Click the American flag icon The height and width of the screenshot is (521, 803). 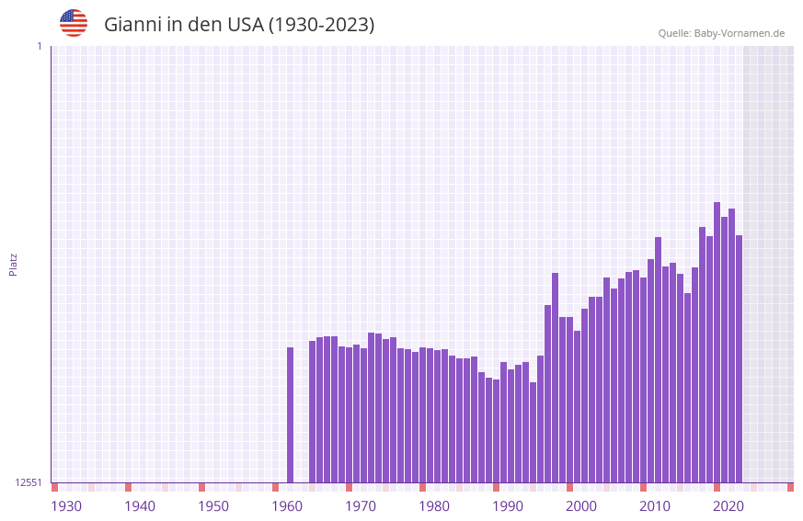click(x=74, y=23)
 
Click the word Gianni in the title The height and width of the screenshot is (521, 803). click(x=132, y=25)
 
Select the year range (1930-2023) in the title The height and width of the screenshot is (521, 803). click(x=321, y=25)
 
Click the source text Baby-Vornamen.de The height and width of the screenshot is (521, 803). click(x=739, y=33)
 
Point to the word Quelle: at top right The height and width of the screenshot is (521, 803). click(x=674, y=33)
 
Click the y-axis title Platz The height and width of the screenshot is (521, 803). click(x=13, y=264)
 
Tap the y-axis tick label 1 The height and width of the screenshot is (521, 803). click(x=39, y=46)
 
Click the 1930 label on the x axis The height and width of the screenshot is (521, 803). click(x=66, y=506)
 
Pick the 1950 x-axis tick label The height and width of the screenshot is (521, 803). click(x=213, y=506)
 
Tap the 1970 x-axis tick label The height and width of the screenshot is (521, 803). click(x=361, y=506)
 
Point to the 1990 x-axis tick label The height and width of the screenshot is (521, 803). click(x=508, y=506)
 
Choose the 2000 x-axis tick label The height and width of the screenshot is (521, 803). click(x=581, y=506)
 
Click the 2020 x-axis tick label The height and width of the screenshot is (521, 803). click(x=728, y=506)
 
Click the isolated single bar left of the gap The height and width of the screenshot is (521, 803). click(x=290, y=414)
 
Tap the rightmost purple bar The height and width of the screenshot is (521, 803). click(x=739, y=358)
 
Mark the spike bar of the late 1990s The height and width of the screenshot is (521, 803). click(x=555, y=377)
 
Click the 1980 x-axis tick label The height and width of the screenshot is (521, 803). click(x=434, y=506)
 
